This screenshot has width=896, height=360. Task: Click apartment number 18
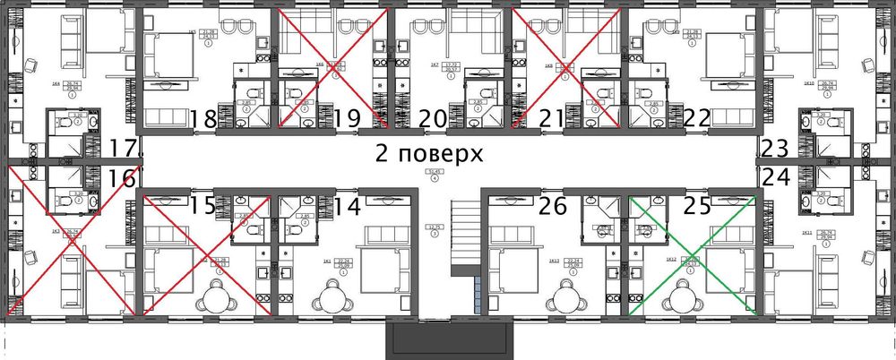[x=204, y=118]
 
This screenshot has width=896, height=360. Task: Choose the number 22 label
[x=696, y=118]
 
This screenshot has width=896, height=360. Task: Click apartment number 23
[x=775, y=149]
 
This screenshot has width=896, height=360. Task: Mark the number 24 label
[x=775, y=177]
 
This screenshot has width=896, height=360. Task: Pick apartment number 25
[x=697, y=207]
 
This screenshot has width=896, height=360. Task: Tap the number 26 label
[x=554, y=207]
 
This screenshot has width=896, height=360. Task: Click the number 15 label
[x=203, y=207]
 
